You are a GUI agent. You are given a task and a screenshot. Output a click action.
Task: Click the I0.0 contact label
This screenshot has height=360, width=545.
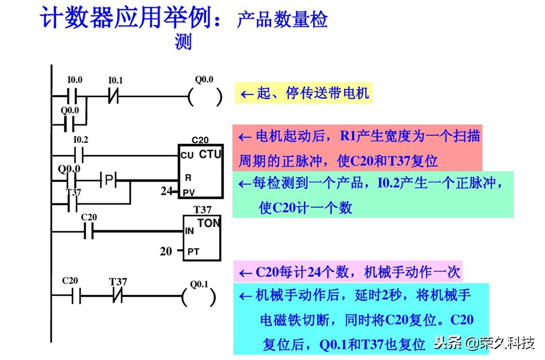[75, 81]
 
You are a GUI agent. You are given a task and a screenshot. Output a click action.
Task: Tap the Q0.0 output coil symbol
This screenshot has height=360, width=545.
[205, 96]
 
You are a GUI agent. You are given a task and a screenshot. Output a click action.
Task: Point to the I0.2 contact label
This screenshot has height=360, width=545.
[81, 139]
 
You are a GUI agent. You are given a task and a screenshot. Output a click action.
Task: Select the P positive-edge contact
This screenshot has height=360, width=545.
[108, 179]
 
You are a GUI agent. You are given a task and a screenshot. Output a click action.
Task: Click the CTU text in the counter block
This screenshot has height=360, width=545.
[210, 154]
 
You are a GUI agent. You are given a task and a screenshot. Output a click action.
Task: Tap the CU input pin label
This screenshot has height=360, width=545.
[186, 156]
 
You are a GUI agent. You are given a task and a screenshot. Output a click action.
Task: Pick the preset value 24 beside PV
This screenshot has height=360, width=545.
[165, 192]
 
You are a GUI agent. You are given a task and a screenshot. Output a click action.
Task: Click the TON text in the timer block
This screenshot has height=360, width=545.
[208, 223]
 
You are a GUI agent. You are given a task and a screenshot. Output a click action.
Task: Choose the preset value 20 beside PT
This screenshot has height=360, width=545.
[166, 250]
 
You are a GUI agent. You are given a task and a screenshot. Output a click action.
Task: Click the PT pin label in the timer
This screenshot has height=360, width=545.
[193, 251]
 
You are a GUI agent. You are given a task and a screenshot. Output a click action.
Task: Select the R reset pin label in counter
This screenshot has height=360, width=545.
[188, 178]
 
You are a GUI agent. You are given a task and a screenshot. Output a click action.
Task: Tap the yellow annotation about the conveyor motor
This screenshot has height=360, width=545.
[303, 93]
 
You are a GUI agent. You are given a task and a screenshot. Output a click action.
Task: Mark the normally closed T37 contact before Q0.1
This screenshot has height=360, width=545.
[118, 297]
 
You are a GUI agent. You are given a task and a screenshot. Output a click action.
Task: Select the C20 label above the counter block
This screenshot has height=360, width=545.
[200, 140]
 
